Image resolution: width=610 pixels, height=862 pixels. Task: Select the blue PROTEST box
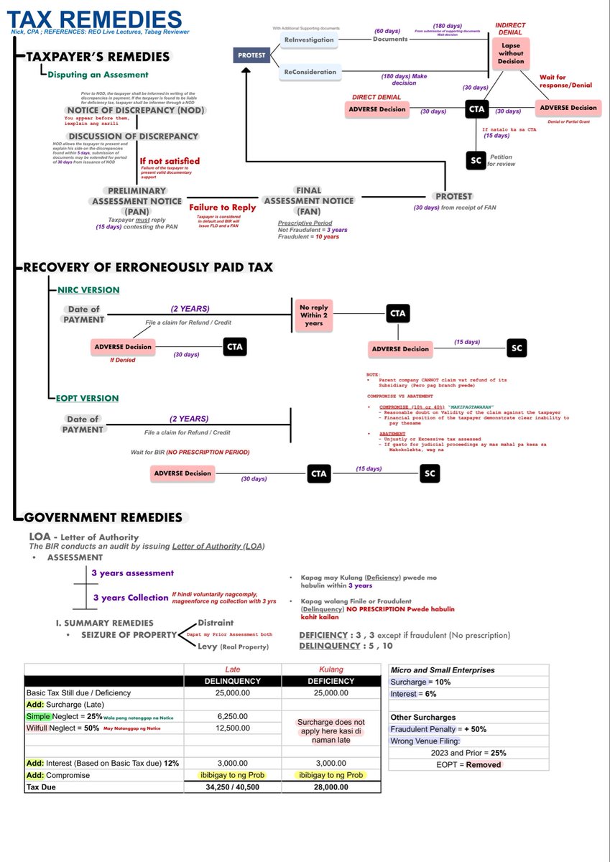click(x=253, y=55)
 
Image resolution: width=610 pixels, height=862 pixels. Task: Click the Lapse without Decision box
click(x=511, y=52)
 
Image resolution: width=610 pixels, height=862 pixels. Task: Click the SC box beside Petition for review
click(x=475, y=160)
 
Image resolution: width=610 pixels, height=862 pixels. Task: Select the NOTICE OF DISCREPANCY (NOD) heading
click(x=136, y=110)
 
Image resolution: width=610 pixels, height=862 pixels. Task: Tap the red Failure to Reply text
click(x=222, y=207)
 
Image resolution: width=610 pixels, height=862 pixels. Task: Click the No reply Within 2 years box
click(x=314, y=314)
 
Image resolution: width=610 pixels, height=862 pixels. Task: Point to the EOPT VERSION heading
click(x=88, y=398)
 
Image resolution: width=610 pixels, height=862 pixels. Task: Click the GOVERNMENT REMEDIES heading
click(x=103, y=517)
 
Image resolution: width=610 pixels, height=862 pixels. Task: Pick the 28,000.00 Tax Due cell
click(x=331, y=787)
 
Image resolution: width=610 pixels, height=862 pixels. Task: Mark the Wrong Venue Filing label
click(x=427, y=741)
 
